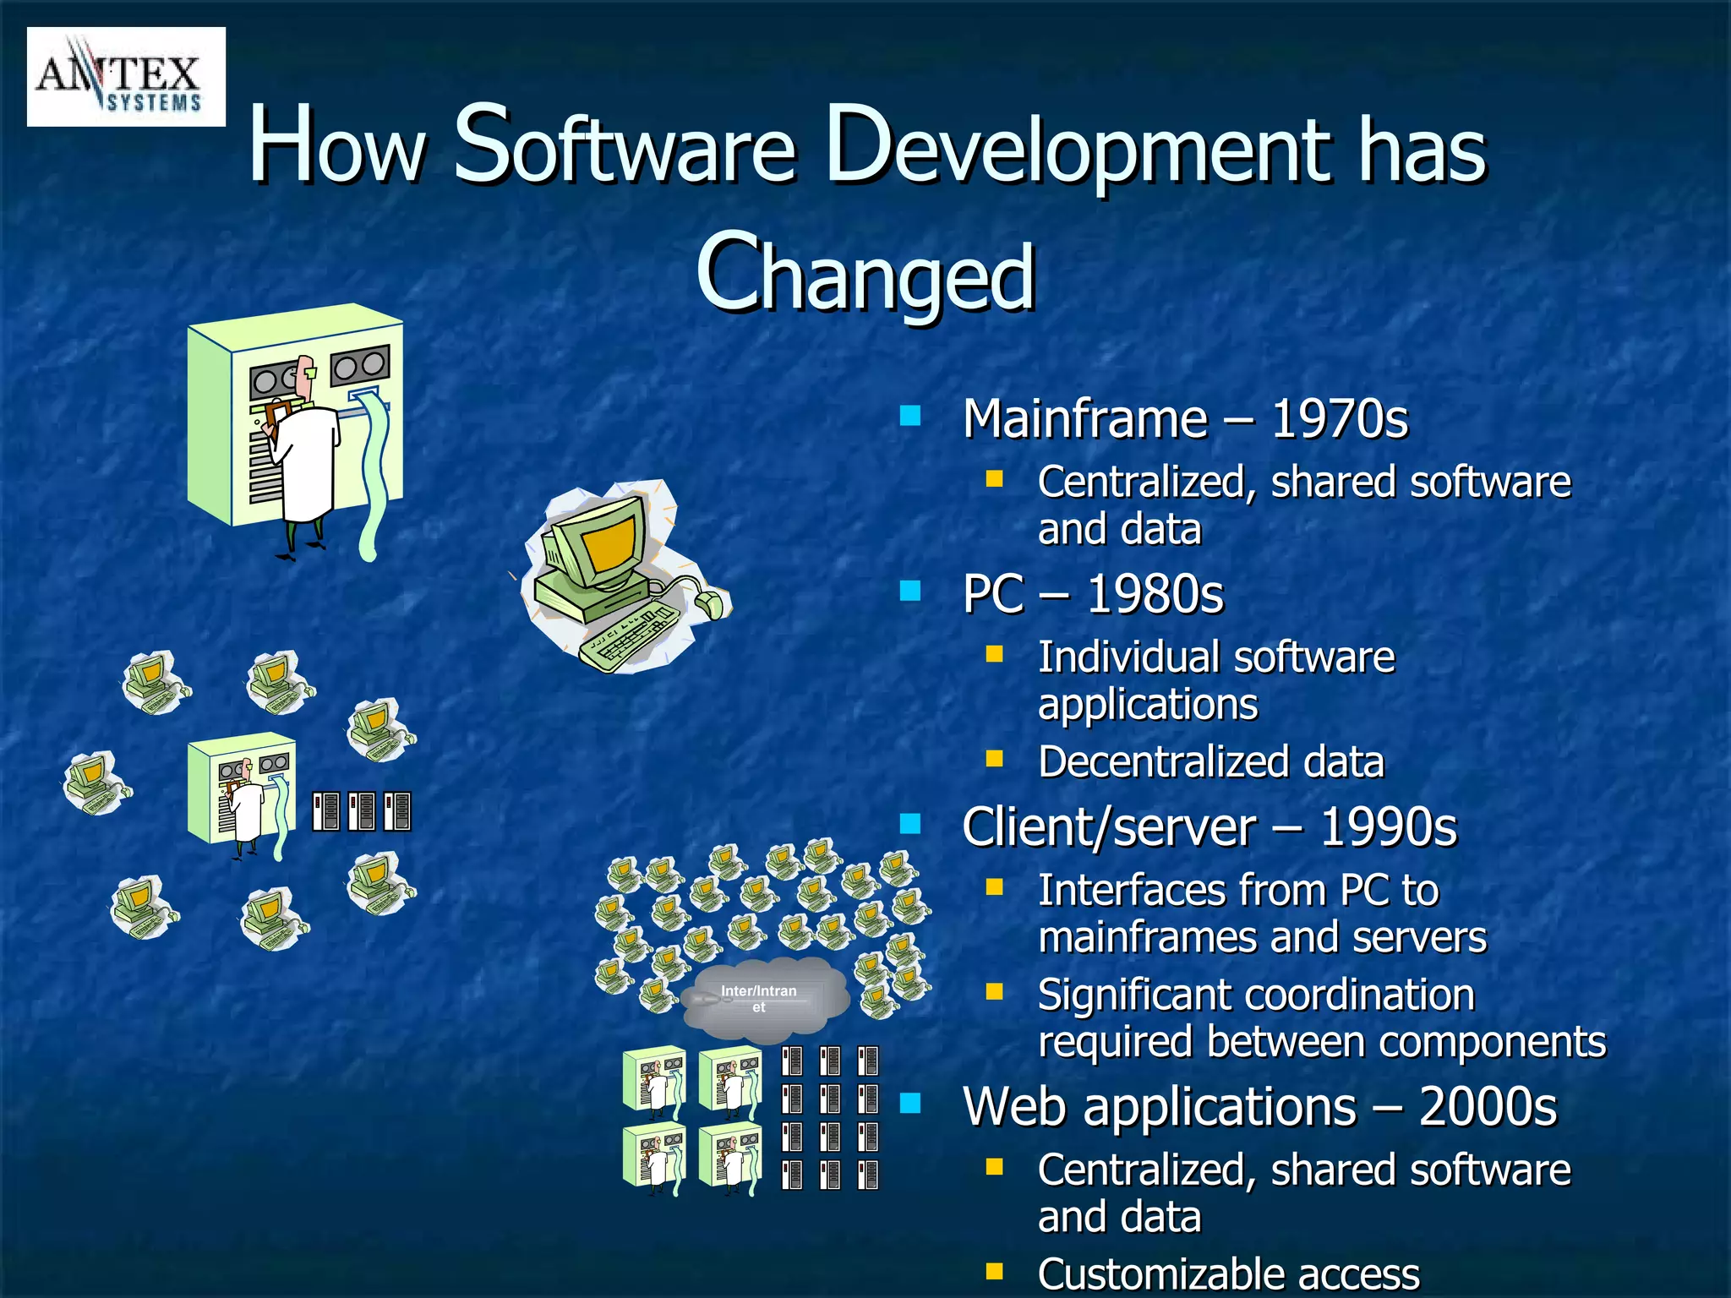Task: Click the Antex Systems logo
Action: [126, 77]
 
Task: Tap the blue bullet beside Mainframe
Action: [910, 416]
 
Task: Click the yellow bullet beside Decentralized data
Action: [994, 758]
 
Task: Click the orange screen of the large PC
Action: [607, 543]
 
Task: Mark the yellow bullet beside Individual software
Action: [994, 653]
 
